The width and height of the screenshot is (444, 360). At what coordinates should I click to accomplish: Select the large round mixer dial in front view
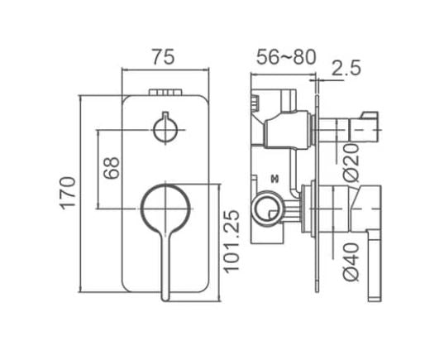click(165, 208)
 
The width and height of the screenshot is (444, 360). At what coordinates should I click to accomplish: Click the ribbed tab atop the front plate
click(166, 90)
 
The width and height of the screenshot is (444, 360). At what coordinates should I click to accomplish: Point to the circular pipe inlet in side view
click(266, 210)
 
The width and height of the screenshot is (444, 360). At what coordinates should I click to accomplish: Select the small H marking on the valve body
click(274, 178)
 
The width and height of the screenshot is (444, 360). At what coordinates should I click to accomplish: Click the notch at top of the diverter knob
click(166, 116)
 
